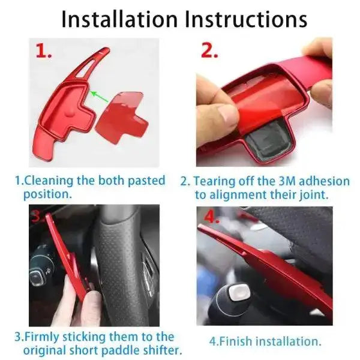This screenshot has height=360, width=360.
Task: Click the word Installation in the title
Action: (x=119, y=20)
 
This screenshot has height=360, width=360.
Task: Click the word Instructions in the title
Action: (x=246, y=20)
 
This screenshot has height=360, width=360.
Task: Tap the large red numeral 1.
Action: (x=44, y=51)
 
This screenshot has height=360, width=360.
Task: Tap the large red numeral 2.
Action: (x=209, y=51)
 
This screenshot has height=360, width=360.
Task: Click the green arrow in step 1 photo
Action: (x=100, y=97)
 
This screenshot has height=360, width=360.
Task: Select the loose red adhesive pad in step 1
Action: (x=122, y=118)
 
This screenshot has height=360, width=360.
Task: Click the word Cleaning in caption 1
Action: (x=49, y=181)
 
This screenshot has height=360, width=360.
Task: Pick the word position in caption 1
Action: (x=46, y=194)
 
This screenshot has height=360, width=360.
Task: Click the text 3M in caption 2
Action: (x=287, y=181)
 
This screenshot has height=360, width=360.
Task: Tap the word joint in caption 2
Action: (x=314, y=194)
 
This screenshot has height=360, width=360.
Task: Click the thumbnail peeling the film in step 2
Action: (x=227, y=113)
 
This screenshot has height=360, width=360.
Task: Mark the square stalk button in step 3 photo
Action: (x=37, y=278)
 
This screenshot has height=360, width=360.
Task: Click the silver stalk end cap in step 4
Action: (x=239, y=293)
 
